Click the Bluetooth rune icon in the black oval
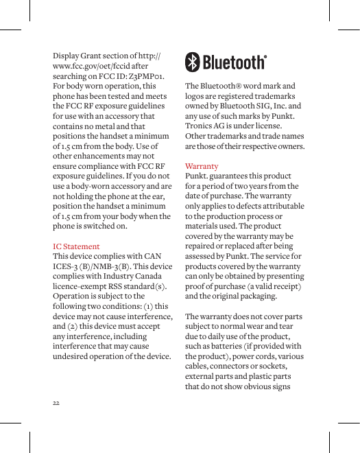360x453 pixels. pyautogui.click(x=193, y=62)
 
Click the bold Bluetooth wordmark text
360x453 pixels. pyautogui.click(x=234, y=62)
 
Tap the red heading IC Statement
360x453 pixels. pyautogui.click(x=76, y=246)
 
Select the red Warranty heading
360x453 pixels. pyautogui.click(x=202, y=166)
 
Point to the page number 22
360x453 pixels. pyautogui.click(x=56, y=402)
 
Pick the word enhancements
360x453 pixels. pyautogui.click(x=105, y=156)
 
